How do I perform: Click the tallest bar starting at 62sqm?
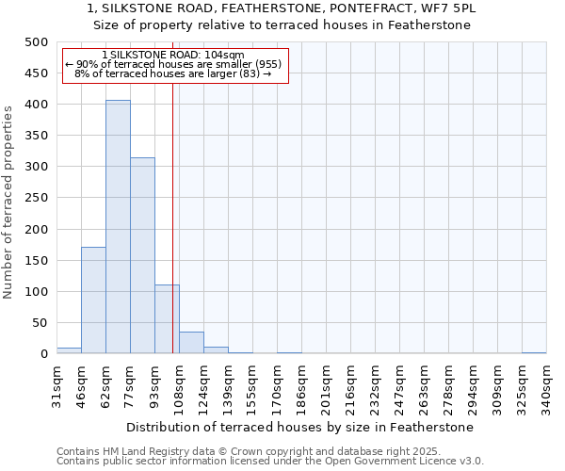(x=118, y=227)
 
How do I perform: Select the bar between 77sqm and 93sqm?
(x=142, y=255)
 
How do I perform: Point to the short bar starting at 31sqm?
(x=69, y=350)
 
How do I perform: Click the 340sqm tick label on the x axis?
(x=546, y=386)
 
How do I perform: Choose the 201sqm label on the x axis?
(x=326, y=386)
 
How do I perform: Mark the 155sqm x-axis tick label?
(x=252, y=386)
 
